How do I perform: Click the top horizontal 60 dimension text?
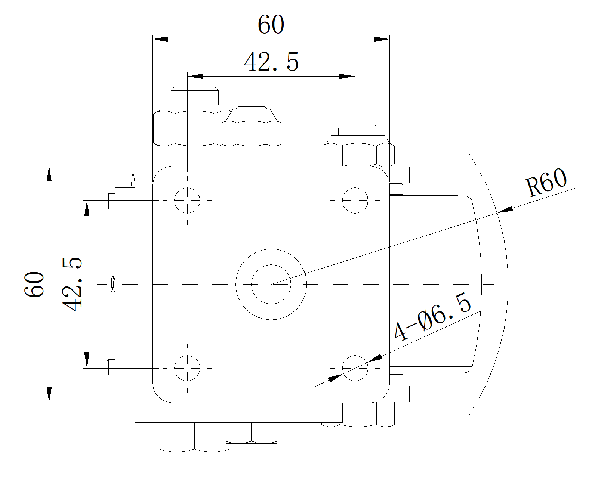pos(271,24)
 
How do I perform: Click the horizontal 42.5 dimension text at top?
pos(271,62)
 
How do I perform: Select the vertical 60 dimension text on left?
pos(34,284)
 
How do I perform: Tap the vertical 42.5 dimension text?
pos(72,284)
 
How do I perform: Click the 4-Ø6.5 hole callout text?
pos(433,317)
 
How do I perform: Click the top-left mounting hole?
pos(187,200)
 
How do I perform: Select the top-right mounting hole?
pos(355,200)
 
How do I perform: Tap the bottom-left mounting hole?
pos(187,368)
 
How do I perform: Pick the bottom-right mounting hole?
pos(355,368)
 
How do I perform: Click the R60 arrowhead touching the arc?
pos(505,210)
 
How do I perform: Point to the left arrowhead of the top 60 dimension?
pos(161,39)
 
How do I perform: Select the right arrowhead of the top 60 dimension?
pos(382,39)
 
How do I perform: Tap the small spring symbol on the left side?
pos(113,284)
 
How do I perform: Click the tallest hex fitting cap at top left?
pos(194,96)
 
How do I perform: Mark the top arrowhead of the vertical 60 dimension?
pos(49,174)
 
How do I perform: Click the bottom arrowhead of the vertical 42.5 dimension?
pos(87,360)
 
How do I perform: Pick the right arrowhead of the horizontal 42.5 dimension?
pos(347,76)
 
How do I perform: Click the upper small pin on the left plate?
pos(111,201)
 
